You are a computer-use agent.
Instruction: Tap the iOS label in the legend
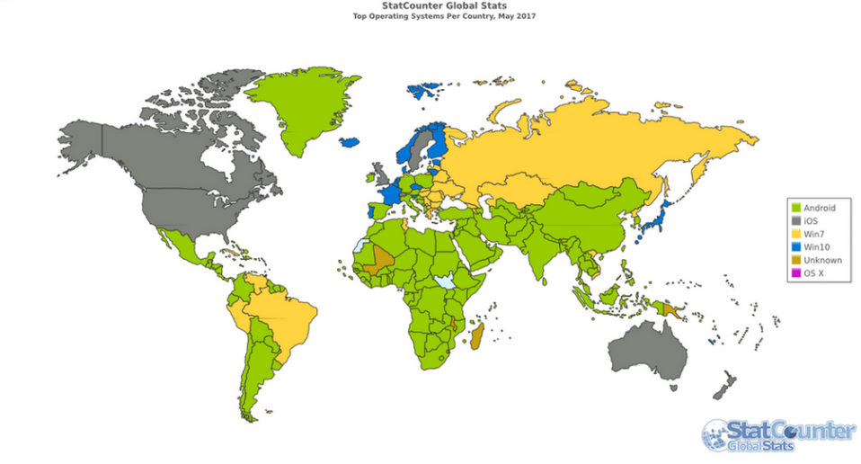(x=813, y=219)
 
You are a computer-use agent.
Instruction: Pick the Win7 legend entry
(x=814, y=233)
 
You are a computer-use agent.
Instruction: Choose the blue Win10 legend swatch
(x=795, y=246)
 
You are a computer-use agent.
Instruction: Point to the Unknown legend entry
(x=821, y=260)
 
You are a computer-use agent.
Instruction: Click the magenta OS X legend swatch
(x=795, y=273)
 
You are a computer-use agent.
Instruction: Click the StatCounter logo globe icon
(x=716, y=435)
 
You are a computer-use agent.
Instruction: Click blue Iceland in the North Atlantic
(x=351, y=142)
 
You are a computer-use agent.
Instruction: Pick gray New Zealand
(x=724, y=388)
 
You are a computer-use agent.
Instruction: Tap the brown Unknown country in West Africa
(x=383, y=258)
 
